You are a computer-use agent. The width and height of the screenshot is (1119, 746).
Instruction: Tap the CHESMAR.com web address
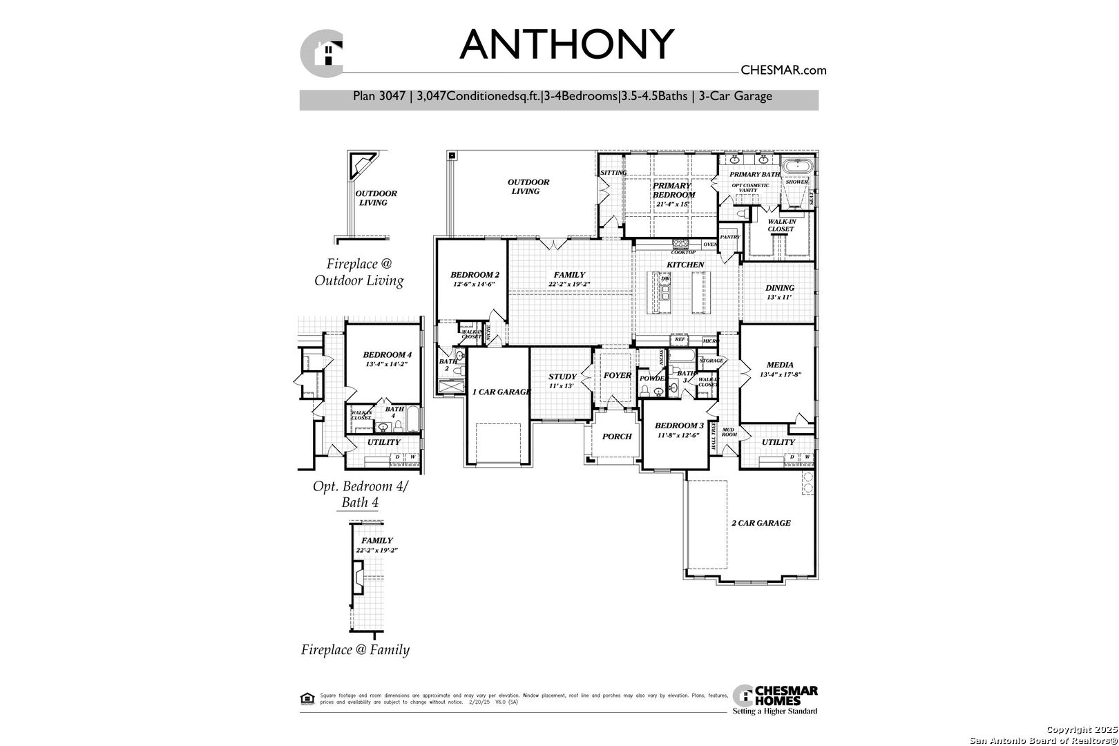click(783, 70)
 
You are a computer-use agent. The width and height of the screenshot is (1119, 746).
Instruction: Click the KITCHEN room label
click(685, 265)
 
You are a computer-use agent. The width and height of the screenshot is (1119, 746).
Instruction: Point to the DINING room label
click(780, 288)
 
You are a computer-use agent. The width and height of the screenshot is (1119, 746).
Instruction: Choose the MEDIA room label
click(780, 365)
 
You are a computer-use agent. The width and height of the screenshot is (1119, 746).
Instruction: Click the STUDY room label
click(562, 376)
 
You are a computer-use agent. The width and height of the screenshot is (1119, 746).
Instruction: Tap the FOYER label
click(618, 375)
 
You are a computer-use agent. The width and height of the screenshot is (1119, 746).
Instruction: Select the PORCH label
click(617, 437)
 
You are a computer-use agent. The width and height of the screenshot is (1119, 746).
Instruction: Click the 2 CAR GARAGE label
click(761, 523)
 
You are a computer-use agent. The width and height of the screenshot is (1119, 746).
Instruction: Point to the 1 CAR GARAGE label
click(501, 392)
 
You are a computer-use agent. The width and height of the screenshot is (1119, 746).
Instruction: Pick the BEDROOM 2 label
click(475, 275)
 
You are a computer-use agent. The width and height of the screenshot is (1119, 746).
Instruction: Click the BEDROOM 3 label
click(679, 425)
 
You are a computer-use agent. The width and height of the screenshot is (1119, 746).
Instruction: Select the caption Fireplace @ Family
click(355, 649)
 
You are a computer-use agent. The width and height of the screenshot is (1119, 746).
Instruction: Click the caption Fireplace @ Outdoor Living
click(359, 272)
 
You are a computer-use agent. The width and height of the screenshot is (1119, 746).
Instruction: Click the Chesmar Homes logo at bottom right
click(775, 699)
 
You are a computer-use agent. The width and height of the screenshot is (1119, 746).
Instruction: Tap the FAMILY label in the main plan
click(569, 275)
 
